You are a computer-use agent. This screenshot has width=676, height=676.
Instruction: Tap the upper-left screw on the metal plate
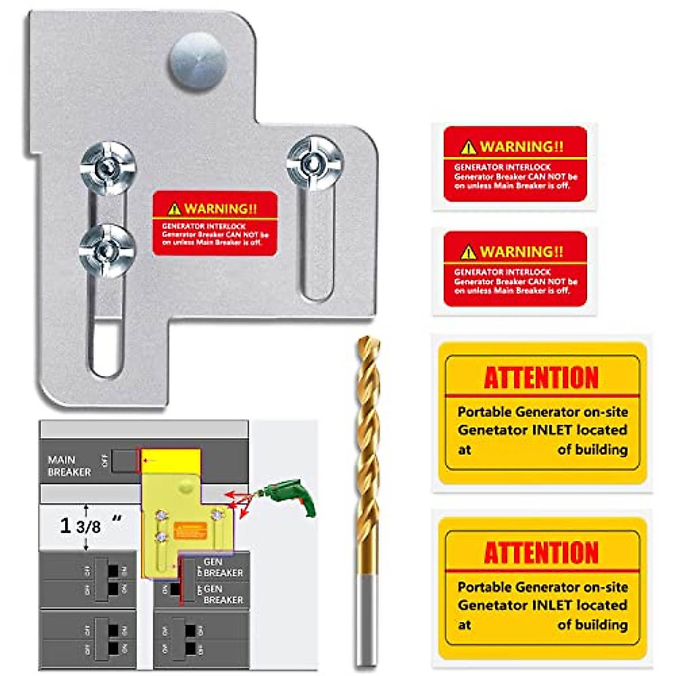click(x=108, y=167)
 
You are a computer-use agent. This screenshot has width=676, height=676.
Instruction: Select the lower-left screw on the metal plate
click(x=107, y=250)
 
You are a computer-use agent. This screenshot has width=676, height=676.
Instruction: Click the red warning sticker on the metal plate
click(x=215, y=224)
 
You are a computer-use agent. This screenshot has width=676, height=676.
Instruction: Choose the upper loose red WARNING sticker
click(x=515, y=164)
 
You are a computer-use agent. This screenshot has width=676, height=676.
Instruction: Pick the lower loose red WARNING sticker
click(x=515, y=269)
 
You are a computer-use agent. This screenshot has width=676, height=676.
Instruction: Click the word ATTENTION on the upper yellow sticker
click(x=541, y=378)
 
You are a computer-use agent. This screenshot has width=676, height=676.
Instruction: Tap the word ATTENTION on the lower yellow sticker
click(x=541, y=553)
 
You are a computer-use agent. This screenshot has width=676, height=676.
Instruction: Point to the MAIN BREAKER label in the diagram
click(x=69, y=466)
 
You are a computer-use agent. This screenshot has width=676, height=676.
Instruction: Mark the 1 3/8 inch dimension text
click(x=82, y=526)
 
